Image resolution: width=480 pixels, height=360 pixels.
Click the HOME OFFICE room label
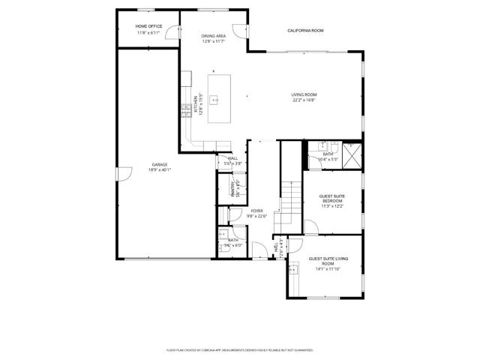128,26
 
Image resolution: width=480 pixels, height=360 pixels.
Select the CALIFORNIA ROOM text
305,30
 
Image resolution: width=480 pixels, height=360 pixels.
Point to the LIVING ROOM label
303,94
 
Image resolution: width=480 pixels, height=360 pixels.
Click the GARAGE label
160,164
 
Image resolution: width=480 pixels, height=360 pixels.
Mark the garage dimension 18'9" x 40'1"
160,169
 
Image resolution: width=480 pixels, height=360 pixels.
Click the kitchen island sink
214,98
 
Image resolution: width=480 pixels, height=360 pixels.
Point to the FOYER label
257,211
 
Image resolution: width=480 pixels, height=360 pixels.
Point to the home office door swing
172,32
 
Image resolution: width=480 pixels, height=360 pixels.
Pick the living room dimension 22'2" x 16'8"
303,100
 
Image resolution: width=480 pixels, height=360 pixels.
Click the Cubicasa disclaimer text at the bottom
239,349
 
